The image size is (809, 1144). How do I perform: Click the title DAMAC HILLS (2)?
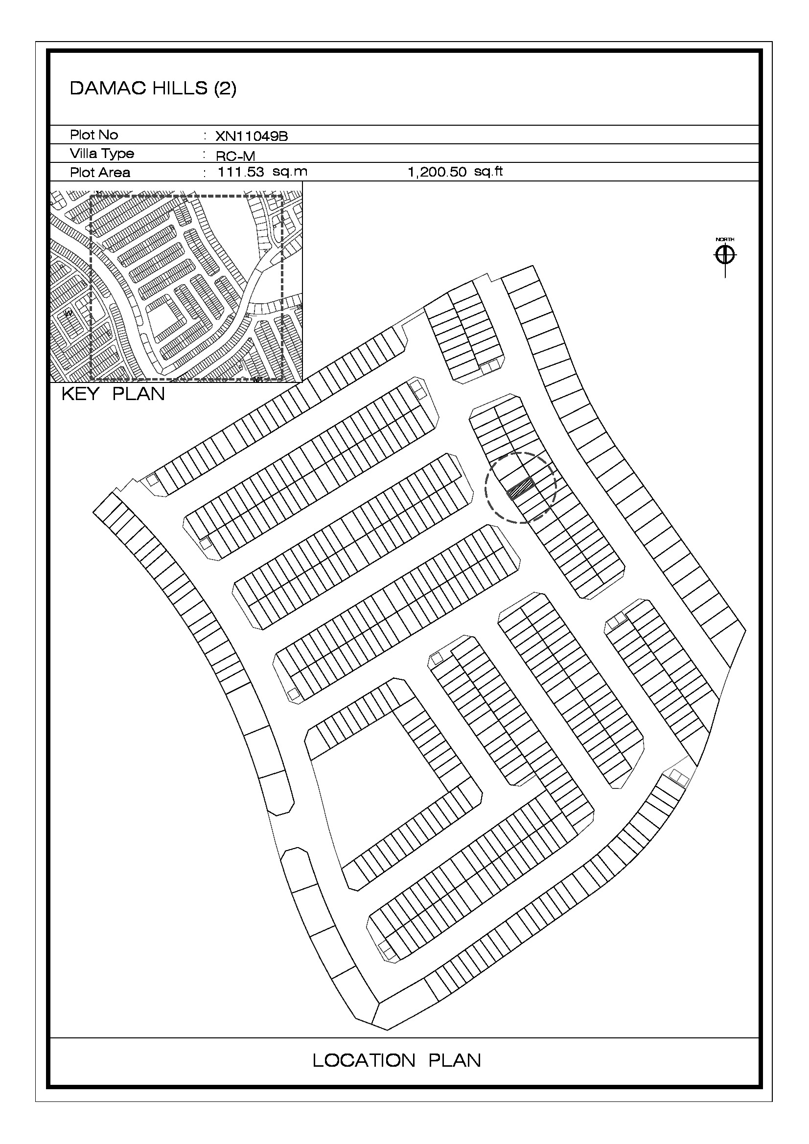coord(153,88)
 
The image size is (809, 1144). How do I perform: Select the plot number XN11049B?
coord(251,136)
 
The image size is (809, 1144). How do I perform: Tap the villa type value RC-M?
coord(235,156)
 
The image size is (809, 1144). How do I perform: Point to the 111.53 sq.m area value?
coord(263,172)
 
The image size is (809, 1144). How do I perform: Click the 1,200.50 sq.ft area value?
coord(455,172)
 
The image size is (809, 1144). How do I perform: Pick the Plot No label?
coord(93,135)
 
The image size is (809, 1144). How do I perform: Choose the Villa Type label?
coord(102,154)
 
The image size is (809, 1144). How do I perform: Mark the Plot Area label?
coord(100,172)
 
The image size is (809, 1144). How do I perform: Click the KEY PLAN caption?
coord(113,394)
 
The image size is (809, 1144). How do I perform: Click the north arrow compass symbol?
coord(725,256)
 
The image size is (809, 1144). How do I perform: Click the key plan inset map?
coord(177,282)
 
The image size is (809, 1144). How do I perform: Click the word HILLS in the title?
coord(180,88)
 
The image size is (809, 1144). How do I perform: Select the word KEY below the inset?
coord(80,394)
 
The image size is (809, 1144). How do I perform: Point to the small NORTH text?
coord(725,240)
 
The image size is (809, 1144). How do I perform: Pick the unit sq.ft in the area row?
coord(488,172)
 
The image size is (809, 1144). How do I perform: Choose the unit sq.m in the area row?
coord(290,172)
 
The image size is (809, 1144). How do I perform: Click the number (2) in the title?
coord(225,89)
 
